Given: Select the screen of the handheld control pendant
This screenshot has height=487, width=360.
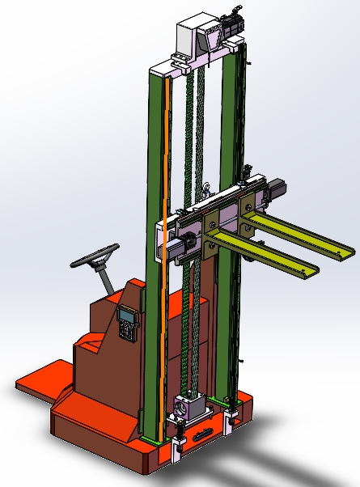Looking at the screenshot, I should (125, 315).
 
